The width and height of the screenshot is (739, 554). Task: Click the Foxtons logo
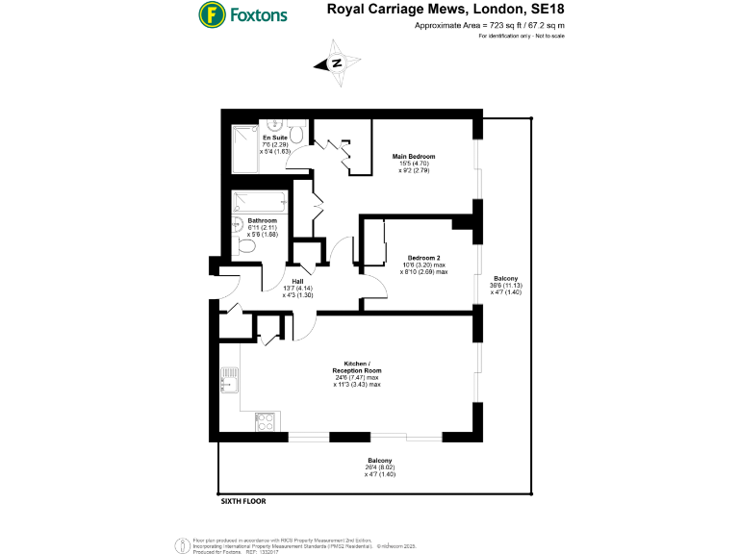(x=242, y=14)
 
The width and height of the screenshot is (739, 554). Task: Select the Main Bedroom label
(x=414, y=156)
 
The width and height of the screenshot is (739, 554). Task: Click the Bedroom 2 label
(x=424, y=258)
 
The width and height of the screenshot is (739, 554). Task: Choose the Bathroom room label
(x=249, y=220)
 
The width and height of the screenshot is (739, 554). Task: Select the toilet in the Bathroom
(x=246, y=247)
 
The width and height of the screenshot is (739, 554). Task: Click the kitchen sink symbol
(x=229, y=381)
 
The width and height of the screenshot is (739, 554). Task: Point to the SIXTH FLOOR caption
(x=242, y=501)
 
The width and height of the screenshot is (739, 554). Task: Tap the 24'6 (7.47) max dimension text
(x=357, y=378)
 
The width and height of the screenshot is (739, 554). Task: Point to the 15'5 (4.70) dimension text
(x=414, y=164)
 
